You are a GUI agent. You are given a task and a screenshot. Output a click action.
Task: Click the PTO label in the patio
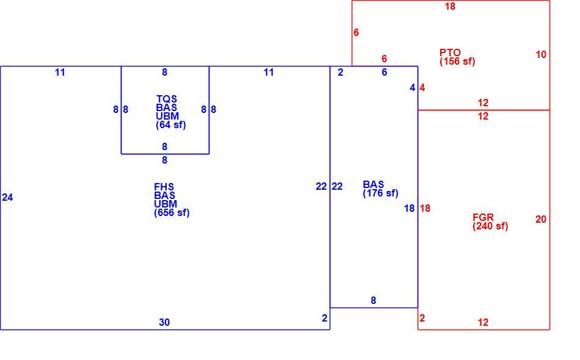pyautogui.click(x=450, y=52)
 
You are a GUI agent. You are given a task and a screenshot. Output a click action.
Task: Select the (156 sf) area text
pyautogui.click(x=457, y=62)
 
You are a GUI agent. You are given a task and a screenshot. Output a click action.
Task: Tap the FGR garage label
pyautogui.click(x=483, y=217)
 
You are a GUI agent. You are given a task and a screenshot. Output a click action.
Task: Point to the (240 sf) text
pyautogui.click(x=490, y=226)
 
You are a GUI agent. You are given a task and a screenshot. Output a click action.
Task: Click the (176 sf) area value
pyautogui.click(x=380, y=193)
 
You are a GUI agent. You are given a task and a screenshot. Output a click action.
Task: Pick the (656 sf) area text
pyautogui.click(x=172, y=213)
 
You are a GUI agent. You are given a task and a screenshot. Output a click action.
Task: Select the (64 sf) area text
pyautogui.click(x=171, y=125)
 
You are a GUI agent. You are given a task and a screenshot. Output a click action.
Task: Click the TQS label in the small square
pyautogui.click(x=167, y=99)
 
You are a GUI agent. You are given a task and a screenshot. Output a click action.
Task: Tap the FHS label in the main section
pyautogui.click(x=164, y=187)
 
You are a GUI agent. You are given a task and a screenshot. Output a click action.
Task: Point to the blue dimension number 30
pyautogui.click(x=164, y=322)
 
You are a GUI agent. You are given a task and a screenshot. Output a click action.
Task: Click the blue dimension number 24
pyautogui.click(x=7, y=197)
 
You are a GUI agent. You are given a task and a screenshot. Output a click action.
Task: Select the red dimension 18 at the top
pyautogui.click(x=450, y=6)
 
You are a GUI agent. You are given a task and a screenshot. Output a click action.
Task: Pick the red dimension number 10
pyautogui.click(x=541, y=55)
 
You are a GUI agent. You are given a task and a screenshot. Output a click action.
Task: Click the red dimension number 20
pyautogui.click(x=541, y=220)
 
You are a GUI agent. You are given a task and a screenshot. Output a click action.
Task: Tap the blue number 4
pyautogui.click(x=413, y=88)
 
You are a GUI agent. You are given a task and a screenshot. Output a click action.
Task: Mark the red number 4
pyautogui.click(x=422, y=88)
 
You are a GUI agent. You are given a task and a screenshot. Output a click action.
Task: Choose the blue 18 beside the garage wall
pyautogui.click(x=409, y=209)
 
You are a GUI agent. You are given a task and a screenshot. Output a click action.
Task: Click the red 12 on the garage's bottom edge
pyautogui.click(x=483, y=322)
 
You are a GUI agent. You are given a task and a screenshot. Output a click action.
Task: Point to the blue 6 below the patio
pyautogui.click(x=384, y=73)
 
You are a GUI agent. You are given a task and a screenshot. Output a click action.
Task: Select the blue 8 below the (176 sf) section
pyautogui.click(x=373, y=300)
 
